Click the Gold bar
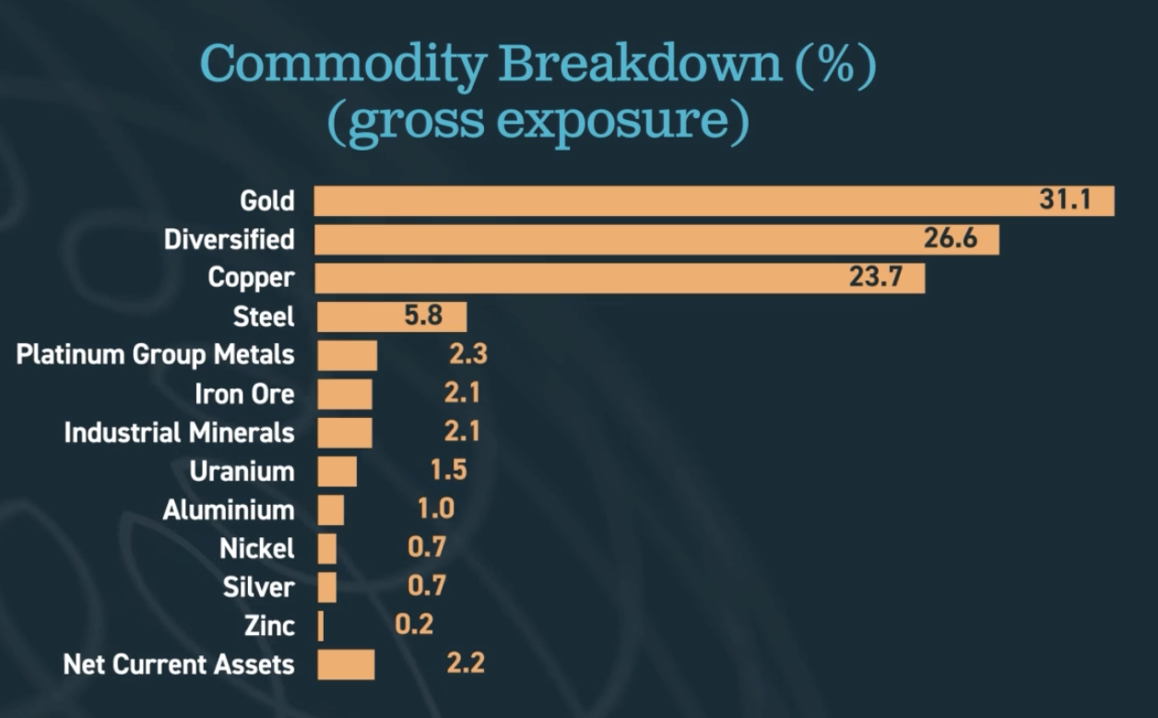[x=714, y=200]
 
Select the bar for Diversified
[x=656, y=240]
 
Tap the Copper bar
[x=620, y=279]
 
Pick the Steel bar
[x=392, y=317]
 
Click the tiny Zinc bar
[x=321, y=626]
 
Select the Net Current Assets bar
[x=346, y=664]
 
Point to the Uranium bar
[x=337, y=472]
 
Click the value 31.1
[x=1065, y=199]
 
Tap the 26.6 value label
[x=951, y=238]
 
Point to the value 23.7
[x=876, y=277]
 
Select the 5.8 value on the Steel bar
[x=423, y=315]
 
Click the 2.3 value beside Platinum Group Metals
[x=467, y=354]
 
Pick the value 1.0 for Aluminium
[x=436, y=509]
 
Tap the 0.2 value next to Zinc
[x=414, y=625]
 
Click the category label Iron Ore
[x=244, y=394]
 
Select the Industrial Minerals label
[x=180, y=433]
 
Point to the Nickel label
[x=257, y=548]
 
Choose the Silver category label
[x=258, y=587]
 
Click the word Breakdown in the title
[x=640, y=64]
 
